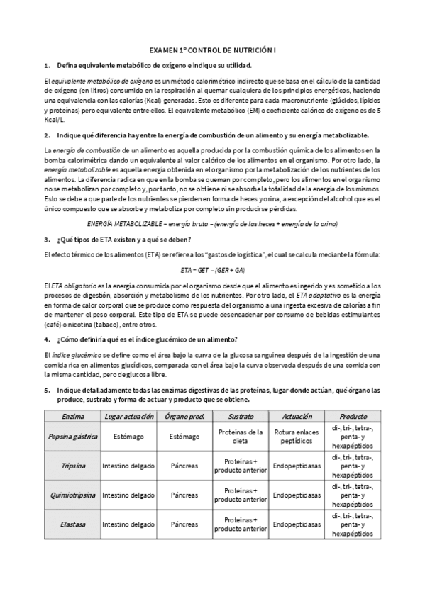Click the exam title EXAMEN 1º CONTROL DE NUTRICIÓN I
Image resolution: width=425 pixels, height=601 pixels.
tap(212, 52)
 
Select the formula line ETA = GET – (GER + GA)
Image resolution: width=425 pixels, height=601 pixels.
tap(212, 269)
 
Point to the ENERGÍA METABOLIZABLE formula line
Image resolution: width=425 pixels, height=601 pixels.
tap(212, 223)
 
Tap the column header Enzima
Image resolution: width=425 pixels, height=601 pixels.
tap(73, 416)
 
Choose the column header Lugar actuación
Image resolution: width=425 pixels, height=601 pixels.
tap(128, 416)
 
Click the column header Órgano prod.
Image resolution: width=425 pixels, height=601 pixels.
tap(184, 416)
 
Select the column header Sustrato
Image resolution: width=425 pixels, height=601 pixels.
tap(241, 416)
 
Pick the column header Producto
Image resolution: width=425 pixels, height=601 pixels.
tap(353, 416)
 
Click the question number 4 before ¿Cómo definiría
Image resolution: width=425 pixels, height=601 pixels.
tap(46, 339)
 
